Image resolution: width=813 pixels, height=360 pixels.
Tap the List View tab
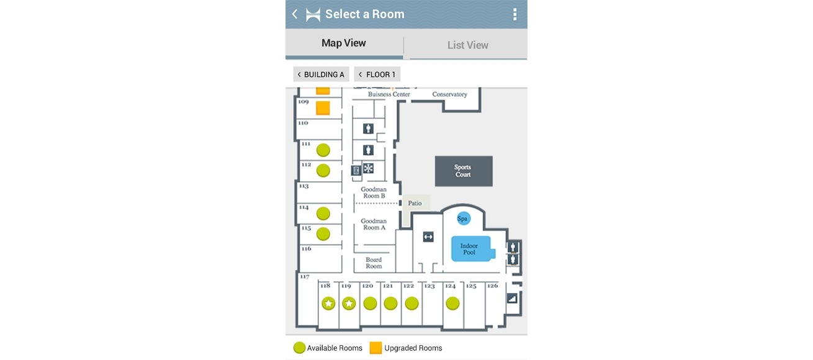point(467,45)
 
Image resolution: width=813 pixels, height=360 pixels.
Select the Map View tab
point(344,43)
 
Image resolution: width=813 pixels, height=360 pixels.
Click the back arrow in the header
point(295,14)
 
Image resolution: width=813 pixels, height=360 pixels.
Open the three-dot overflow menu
point(514,14)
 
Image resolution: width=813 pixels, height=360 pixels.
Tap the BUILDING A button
point(321,74)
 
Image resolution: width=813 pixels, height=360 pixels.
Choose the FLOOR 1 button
point(377,74)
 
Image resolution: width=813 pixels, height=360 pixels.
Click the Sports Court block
point(464,171)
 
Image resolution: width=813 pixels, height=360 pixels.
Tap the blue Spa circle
point(463,218)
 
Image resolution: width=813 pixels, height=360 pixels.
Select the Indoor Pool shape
point(472,249)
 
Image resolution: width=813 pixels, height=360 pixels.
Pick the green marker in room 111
point(323,150)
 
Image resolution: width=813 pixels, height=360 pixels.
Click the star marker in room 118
point(328,304)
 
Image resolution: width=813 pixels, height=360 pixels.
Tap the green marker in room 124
point(452,304)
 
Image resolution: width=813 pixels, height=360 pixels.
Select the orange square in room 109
point(323,108)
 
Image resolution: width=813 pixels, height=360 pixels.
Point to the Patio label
point(415,203)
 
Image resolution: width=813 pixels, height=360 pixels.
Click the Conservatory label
point(449,94)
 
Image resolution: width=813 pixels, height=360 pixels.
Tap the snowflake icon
point(369,168)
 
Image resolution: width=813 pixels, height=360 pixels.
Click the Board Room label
point(374,263)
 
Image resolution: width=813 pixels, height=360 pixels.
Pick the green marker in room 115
point(323,234)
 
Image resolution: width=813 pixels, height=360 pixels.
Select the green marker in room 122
point(411,304)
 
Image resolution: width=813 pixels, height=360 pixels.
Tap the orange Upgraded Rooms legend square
point(375,348)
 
